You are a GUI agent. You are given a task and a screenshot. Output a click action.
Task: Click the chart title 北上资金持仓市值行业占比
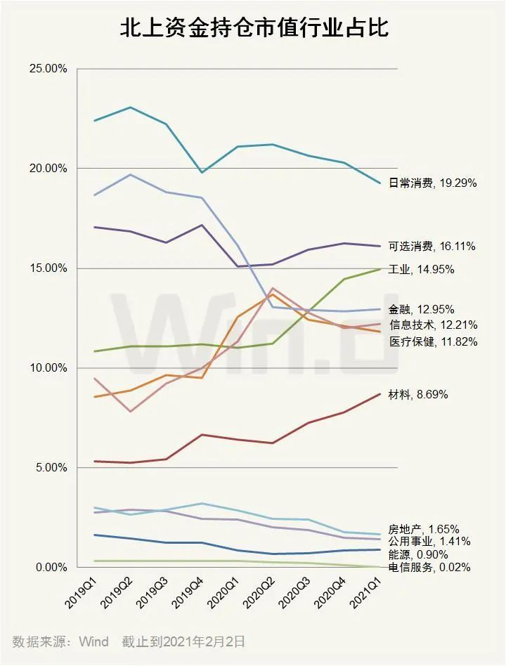point(253,28)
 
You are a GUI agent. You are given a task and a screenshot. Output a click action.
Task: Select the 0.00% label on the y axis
point(51,567)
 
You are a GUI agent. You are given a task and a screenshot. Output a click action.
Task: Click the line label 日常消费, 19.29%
point(432,183)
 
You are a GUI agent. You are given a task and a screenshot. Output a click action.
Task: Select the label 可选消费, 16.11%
point(432,247)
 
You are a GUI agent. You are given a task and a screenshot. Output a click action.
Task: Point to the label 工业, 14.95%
point(421,270)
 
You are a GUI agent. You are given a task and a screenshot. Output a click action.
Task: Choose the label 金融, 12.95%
point(421,309)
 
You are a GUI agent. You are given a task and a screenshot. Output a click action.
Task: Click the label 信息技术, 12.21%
point(433,325)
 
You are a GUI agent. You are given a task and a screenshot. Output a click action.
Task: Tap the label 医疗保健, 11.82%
point(433,342)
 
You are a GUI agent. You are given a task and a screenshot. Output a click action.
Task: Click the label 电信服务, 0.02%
point(429,568)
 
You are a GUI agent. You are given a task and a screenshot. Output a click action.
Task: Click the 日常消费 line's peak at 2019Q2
point(131,107)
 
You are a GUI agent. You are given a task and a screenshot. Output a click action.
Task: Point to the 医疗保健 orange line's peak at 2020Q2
point(273,294)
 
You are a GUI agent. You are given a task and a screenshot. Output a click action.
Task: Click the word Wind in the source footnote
point(93,642)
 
